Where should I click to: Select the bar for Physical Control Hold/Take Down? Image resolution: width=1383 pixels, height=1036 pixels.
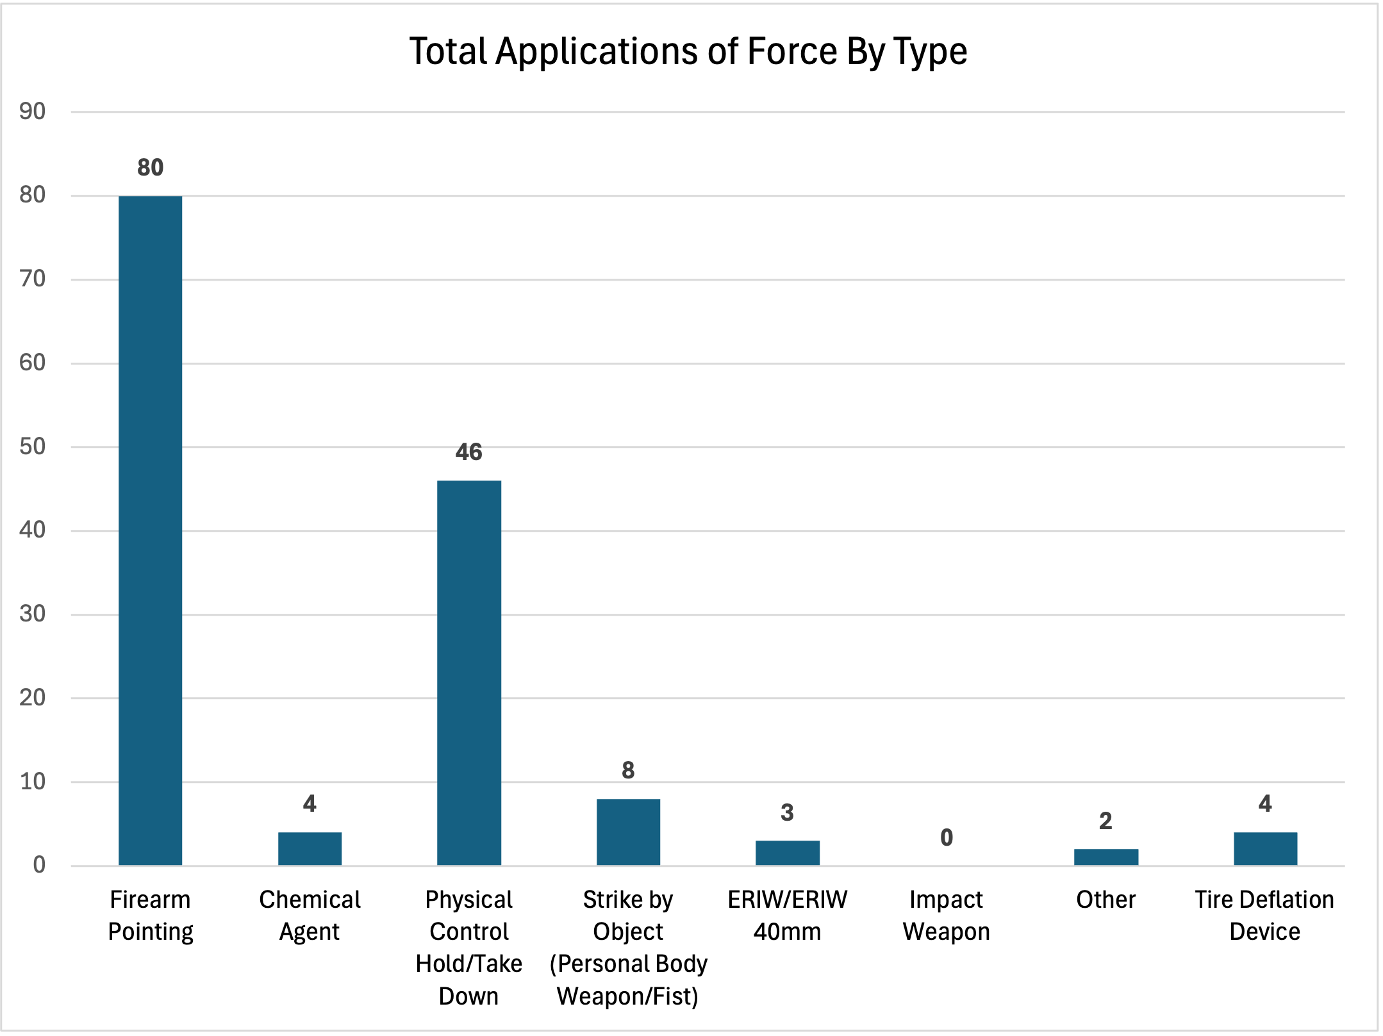click(x=468, y=673)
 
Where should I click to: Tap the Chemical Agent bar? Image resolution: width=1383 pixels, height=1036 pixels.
click(x=310, y=849)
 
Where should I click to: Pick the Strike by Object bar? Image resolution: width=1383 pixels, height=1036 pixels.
click(x=628, y=832)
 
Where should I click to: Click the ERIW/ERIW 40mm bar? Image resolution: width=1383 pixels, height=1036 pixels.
click(x=787, y=853)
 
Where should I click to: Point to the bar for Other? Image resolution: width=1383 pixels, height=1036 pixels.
click(x=1106, y=857)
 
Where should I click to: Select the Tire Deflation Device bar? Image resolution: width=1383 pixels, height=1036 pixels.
click(x=1265, y=849)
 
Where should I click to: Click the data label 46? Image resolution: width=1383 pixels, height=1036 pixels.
click(x=468, y=452)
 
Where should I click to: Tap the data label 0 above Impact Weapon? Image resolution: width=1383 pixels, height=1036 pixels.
click(x=947, y=837)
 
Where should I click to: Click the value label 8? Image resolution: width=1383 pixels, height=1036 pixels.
click(x=628, y=770)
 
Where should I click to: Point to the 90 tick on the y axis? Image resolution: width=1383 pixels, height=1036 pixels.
click(x=33, y=112)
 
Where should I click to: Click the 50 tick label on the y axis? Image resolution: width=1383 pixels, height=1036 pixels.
click(x=33, y=447)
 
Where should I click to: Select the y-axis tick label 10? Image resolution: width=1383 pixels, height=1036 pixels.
click(x=33, y=782)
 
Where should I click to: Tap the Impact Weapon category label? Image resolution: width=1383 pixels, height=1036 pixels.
click(x=947, y=916)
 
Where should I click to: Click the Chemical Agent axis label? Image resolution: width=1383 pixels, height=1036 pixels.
click(x=310, y=916)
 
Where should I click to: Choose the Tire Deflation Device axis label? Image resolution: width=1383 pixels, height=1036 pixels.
click(x=1264, y=916)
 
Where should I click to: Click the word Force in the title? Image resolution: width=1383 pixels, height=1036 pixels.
click(x=792, y=51)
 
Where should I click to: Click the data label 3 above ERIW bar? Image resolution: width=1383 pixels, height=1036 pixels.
click(x=787, y=813)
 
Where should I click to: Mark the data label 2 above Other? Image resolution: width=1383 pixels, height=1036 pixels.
click(x=1106, y=821)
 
